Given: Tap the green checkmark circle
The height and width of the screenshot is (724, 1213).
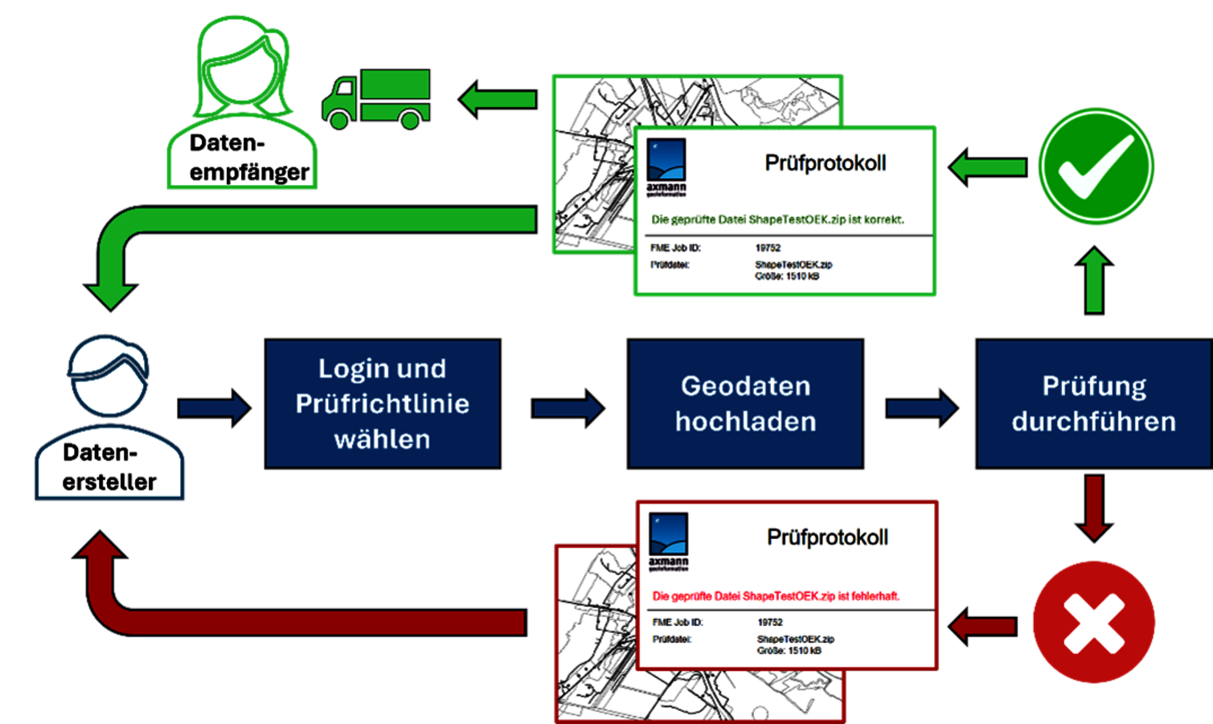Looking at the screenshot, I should pyautogui.click(x=1096, y=167).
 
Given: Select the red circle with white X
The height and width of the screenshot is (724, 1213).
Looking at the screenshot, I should pyautogui.click(x=1094, y=623).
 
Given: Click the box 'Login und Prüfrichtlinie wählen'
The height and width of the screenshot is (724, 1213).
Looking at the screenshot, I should pyautogui.click(x=383, y=404).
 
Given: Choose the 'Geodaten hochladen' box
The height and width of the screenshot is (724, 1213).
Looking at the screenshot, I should pyautogui.click(x=745, y=404).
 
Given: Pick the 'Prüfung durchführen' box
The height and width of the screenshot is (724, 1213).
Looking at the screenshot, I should pyautogui.click(x=1093, y=404).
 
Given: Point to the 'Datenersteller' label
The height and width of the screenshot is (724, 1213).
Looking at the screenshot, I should pyautogui.click(x=109, y=467).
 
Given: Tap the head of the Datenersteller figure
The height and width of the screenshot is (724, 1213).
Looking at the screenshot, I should pyautogui.click(x=109, y=376).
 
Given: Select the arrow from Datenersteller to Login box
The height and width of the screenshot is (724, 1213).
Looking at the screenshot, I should pyautogui.click(x=214, y=408).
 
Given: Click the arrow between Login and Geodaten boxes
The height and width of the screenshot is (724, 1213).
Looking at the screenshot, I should pyautogui.click(x=568, y=408).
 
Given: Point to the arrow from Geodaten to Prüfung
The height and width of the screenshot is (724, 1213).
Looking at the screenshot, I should pyautogui.click(x=921, y=408).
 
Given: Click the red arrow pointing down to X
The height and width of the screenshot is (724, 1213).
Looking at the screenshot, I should pyautogui.click(x=1094, y=507).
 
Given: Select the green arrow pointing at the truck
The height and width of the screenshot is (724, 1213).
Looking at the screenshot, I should pyautogui.click(x=498, y=100).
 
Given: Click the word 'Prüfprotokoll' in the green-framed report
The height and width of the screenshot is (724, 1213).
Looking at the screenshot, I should pyautogui.click(x=825, y=163).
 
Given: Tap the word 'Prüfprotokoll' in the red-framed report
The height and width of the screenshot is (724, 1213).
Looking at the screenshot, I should pyautogui.click(x=827, y=537).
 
